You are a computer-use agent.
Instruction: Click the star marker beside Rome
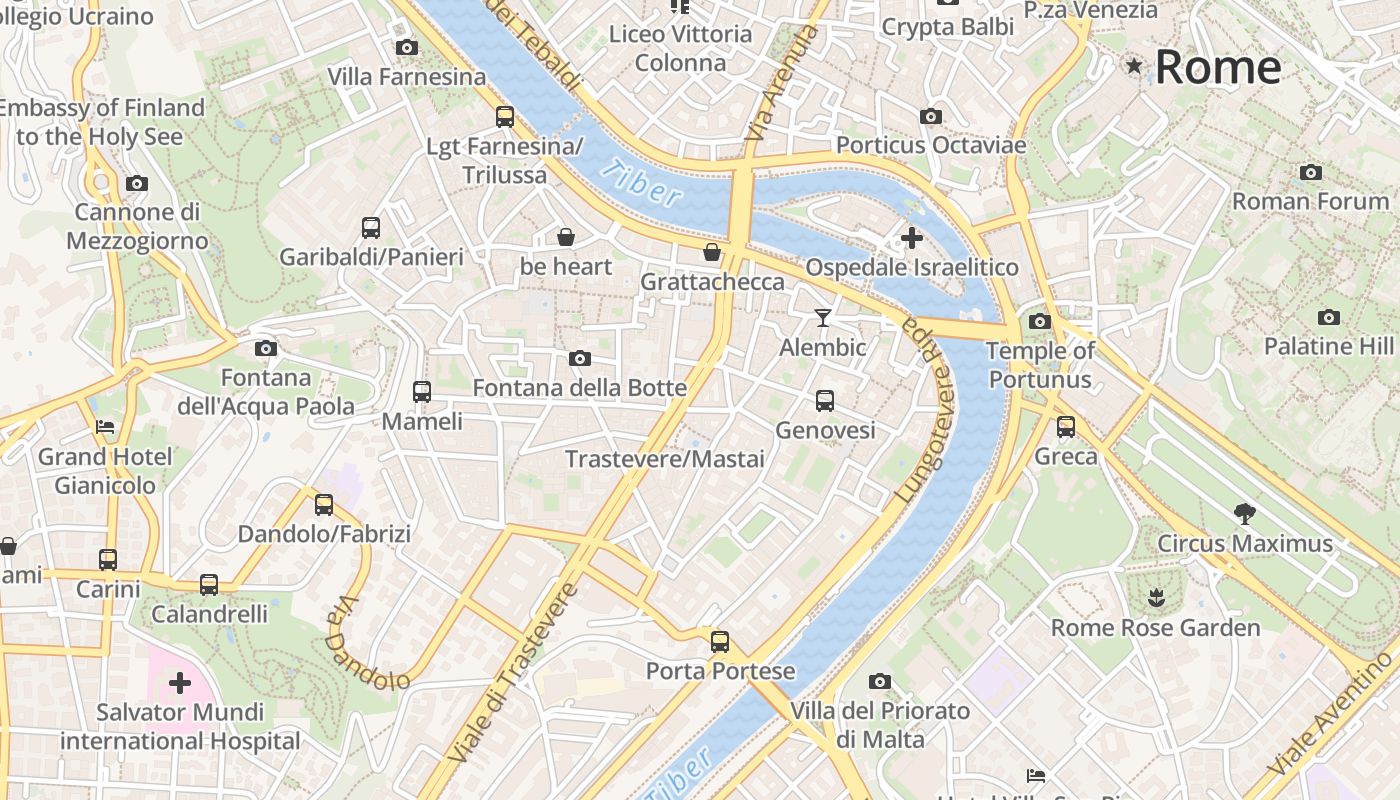1134,66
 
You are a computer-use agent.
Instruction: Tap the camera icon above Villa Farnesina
406,47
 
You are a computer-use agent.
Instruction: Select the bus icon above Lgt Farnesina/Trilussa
505,117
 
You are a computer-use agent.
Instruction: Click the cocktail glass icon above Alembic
823,318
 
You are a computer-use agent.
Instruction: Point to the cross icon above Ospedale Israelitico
912,238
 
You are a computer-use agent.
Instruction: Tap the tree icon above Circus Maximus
1245,514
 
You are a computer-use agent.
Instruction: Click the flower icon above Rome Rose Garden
1156,599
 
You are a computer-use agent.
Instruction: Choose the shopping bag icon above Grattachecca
712,252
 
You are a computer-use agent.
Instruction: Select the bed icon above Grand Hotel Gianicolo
105,427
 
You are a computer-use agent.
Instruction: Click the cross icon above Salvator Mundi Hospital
180,683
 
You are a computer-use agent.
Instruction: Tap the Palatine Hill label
1328,346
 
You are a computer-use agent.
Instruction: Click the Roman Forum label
1310,201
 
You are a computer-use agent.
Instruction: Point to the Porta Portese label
720,671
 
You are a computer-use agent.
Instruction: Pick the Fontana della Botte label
579,387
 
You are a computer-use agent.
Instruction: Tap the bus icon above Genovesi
825,401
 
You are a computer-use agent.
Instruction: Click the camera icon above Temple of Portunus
1040,321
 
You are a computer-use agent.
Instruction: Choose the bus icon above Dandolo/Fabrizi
324,505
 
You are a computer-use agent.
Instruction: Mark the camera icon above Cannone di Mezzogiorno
137,183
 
